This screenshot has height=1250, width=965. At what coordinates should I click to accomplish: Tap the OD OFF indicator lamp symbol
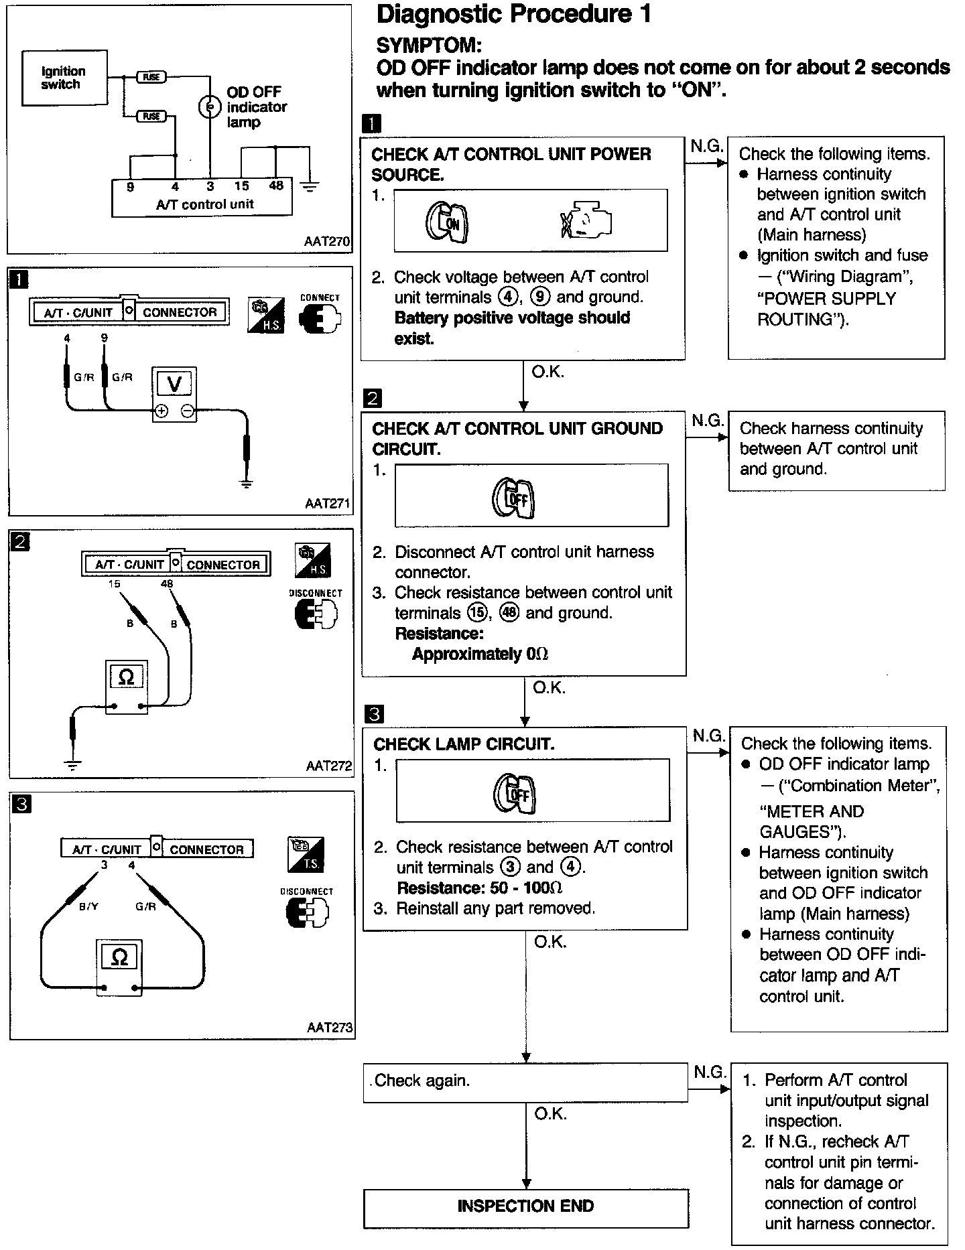click(x=209, y=107)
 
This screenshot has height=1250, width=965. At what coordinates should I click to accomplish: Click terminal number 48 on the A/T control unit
click(x=276, y=186)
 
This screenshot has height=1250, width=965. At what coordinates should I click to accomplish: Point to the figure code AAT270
click(x=326, y=241)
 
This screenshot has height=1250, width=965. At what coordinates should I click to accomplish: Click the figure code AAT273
click(x=329, y=1027)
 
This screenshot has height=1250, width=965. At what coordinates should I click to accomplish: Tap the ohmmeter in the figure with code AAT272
click(x=126, y=687)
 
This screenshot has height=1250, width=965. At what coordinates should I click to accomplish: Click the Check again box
click(x=525, y=1081)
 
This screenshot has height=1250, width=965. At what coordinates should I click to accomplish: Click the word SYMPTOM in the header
click(x=429, y=46)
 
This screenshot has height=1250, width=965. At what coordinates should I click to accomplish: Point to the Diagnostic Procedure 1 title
click(x=514, y=15)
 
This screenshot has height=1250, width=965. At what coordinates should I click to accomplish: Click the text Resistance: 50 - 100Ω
click(x=480, y=888)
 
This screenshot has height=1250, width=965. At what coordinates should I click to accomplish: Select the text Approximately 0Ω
click(x=480, y=654)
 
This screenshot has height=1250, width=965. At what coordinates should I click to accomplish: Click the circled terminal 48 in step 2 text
click(x=509, y=613)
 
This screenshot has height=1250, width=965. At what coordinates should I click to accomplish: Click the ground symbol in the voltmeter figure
click(x=247, y=483)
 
